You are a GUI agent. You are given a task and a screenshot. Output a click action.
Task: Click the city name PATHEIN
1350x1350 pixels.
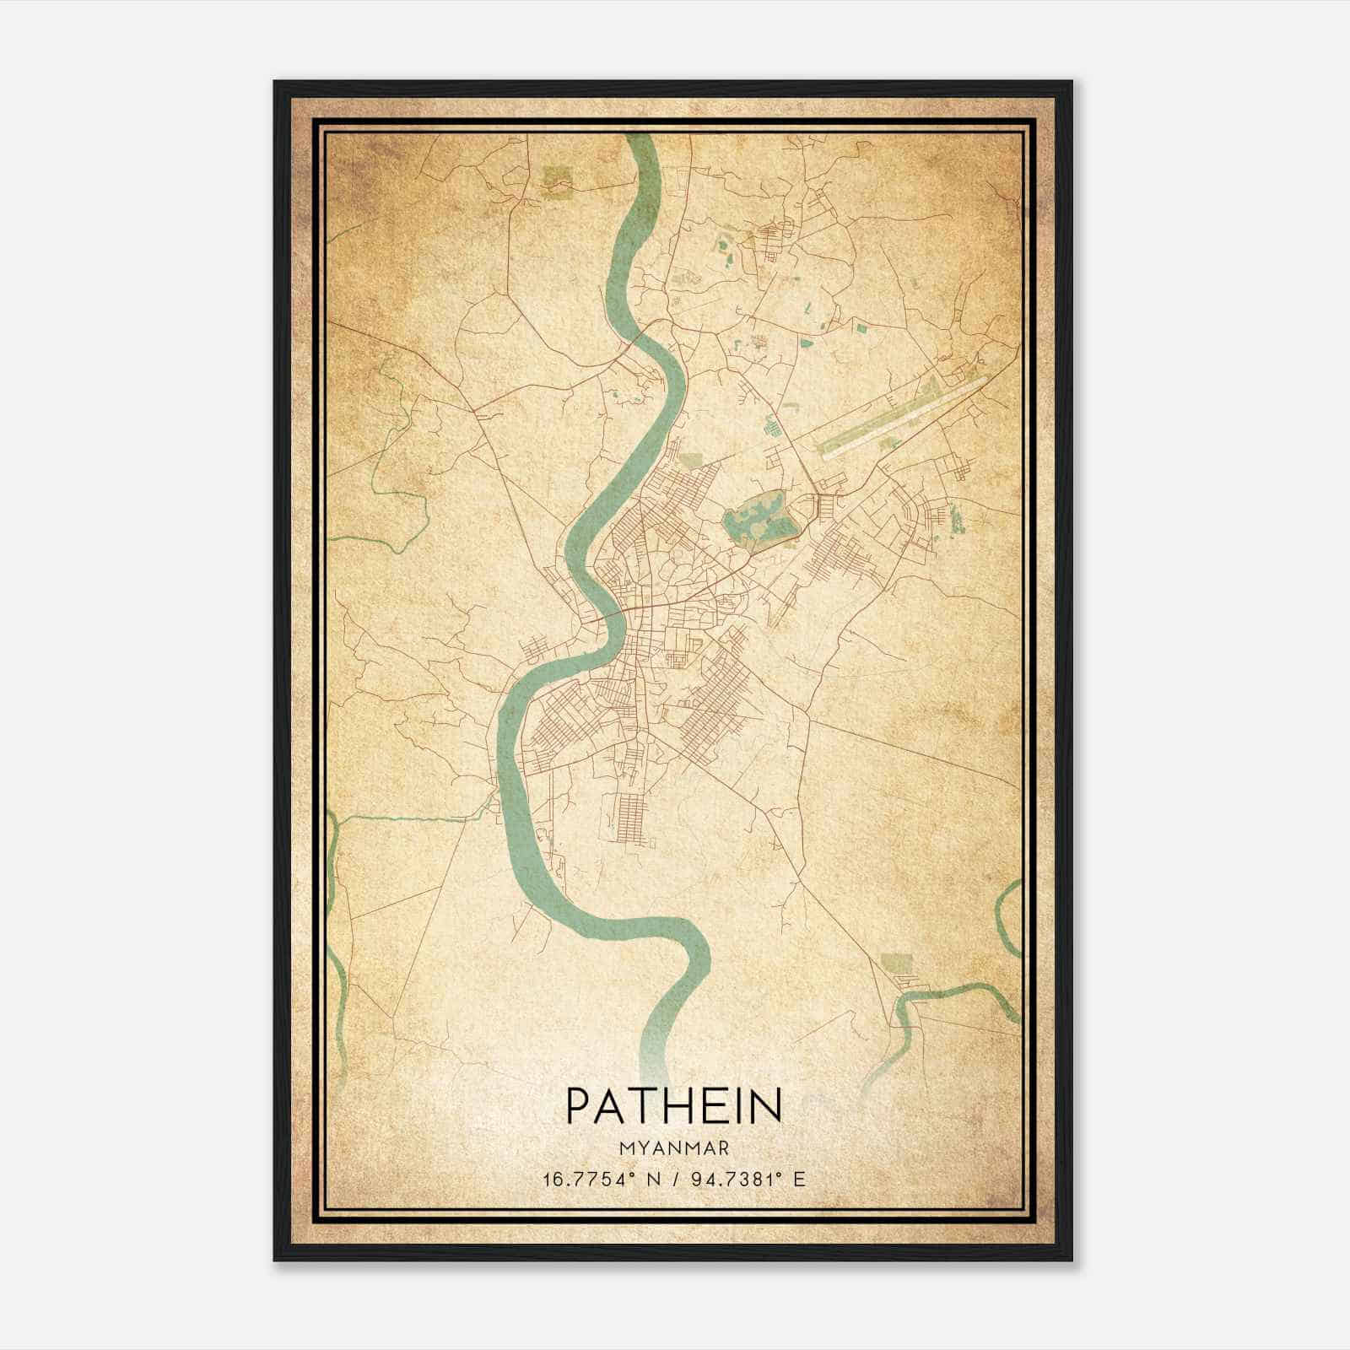click(x=674, y=1106)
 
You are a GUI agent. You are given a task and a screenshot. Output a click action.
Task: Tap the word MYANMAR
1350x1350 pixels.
click(x=674, y=1148)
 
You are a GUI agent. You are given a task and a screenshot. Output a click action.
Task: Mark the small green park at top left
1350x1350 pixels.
click(x=557, y=178)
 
